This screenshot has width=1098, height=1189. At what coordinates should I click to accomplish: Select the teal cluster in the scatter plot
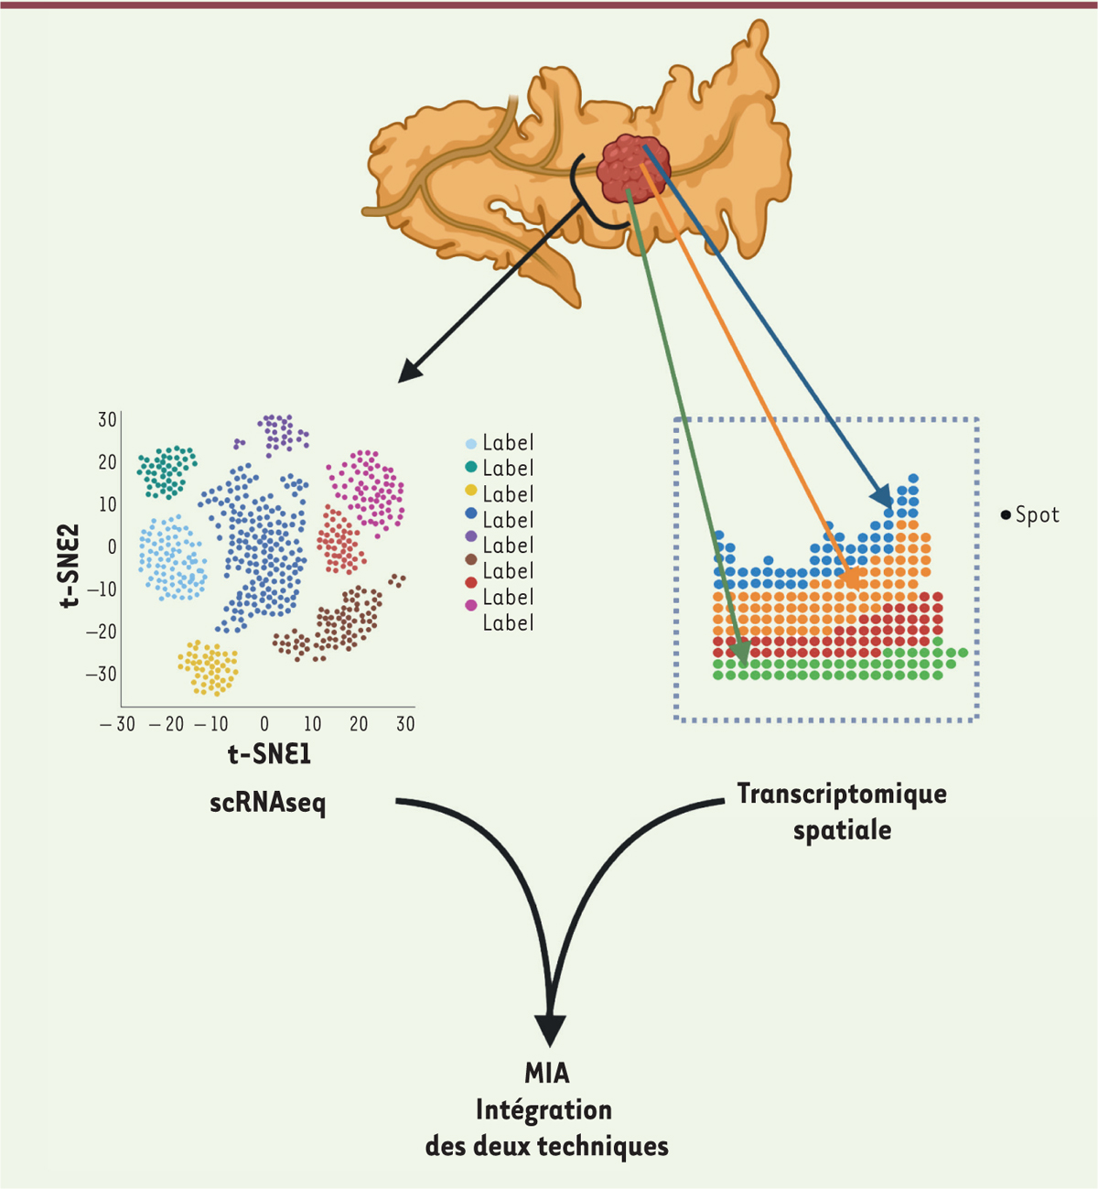click(x=167, y=470)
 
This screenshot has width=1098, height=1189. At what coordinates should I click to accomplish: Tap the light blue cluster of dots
click(x=171, y=557)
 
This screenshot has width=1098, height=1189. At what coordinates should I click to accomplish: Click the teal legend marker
click(x=471, y=468)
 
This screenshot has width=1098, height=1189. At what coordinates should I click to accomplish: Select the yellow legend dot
click(x=471, y=493)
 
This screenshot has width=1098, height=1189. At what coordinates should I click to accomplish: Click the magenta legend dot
click(x=471, y=605)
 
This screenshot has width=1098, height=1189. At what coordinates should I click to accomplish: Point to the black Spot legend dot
click(x=1006, y=515)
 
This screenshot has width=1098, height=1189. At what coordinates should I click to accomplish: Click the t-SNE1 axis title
click(x=269, y=753)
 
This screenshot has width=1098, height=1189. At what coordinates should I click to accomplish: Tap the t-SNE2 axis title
click(x=70, y=566)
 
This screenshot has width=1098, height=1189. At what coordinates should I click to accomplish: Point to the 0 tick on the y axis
click(x=112, y=546)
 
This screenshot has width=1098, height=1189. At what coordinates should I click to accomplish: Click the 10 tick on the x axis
click(x=312, y=724)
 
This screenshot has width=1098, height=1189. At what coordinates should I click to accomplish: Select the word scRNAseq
click(x=267, y=803)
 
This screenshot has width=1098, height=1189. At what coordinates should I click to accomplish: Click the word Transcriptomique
click(x=842, y=793)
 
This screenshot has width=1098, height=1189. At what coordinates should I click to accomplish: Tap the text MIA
click(x=547, y=1072)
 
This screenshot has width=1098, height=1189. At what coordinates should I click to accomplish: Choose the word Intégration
click(x=544, y=1109)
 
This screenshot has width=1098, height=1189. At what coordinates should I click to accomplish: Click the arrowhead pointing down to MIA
click(x=549, y=1030)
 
